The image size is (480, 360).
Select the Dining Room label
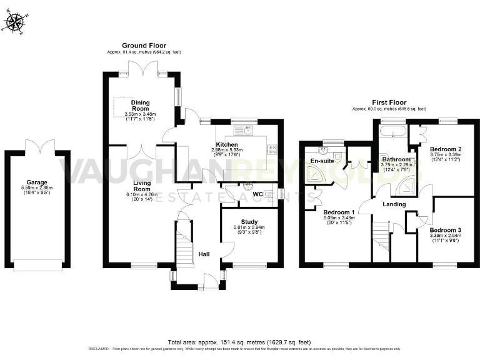[x=140, y=105]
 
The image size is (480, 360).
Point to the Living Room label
[x=142, y=185]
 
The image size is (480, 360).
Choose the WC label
[x=257, y=194]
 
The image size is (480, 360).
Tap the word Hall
[x=204, y=254]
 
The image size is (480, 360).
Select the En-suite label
[x=321, y=161]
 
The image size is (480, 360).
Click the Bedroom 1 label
[x=339, y=212]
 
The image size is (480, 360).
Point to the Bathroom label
[x=396, y=159]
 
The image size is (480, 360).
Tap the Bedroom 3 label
[x=446, y=231]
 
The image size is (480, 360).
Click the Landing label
[x=394, y=204]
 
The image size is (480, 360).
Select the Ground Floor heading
[x=144, y=46]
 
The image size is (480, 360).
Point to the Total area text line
[x=239, y=342]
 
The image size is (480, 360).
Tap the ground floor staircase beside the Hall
[x=184, y=247]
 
